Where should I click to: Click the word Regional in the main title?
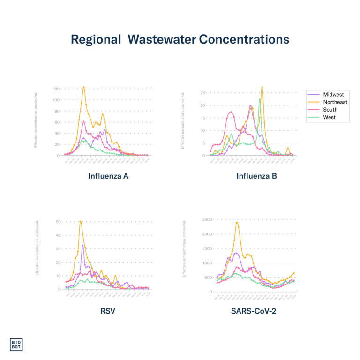click(96, 39)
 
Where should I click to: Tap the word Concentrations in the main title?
click(244, 39)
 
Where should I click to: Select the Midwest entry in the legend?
click(333, 95)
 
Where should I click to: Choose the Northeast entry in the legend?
click(335, 102)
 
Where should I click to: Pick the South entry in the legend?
click(330, 110)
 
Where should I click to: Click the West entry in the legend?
click(330, 117)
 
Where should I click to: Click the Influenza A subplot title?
click(108, 177)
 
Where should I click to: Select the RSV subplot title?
click(108, 310)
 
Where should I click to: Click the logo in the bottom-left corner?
click(16, 344)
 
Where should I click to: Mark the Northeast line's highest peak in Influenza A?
click(83, 87)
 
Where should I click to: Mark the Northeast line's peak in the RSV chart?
click(81, 221)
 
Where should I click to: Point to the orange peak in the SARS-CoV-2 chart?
click(237, 222)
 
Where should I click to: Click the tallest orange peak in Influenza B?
click(262, 87)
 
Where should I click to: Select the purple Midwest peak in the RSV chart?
click(83, 245)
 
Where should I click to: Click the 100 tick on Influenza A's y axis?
click(56, 100)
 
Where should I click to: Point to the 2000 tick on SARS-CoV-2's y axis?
click(207, 233)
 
